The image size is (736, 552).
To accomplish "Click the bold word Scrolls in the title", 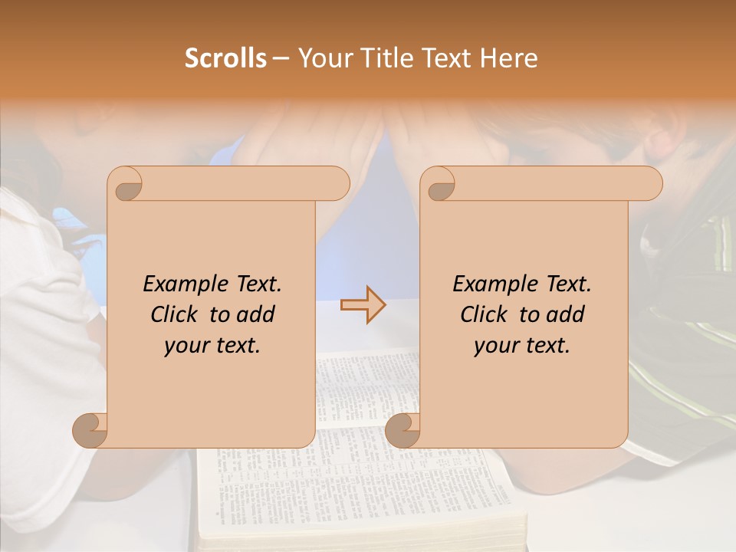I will [x=225, y=58].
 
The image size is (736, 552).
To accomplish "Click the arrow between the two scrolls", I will [x=363, y=304].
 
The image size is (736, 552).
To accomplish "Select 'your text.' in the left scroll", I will [x=212, y=346].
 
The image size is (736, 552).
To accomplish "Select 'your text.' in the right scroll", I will [x=522, y=346].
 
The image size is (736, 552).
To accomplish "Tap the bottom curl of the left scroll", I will [x=90, y=430].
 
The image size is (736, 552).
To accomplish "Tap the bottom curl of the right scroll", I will [x=402, y=430].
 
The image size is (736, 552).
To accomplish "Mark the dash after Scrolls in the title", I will [x=281, y=59].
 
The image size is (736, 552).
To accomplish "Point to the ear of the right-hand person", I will [x=665, y=141].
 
